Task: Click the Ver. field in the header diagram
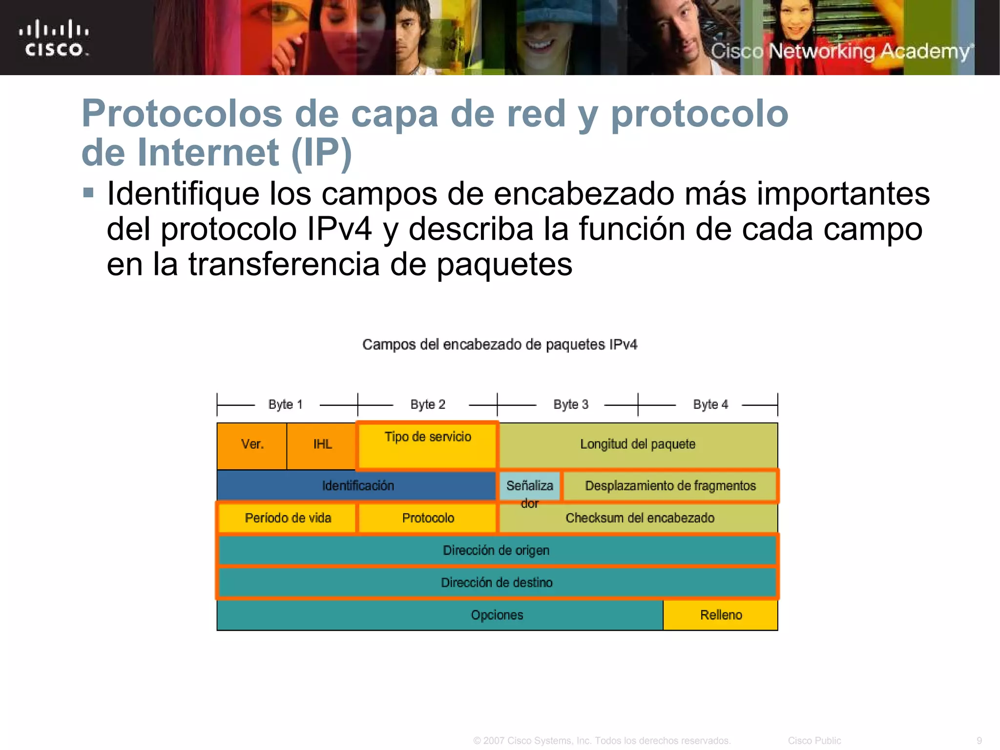click(252, 445)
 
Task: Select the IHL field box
click(322, 445)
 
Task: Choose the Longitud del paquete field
click(638, 445)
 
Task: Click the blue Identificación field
click(357, 486)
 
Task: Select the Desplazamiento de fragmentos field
click(670, 486)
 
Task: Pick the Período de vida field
click(288, 518)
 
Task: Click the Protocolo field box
click(428, 518)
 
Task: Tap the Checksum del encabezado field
click(640, 518)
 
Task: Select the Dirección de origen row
click(496, 550)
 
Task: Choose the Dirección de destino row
click(496, 583)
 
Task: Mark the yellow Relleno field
click(721, 615)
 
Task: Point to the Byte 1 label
click(286, 405)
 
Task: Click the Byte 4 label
click(710, 405)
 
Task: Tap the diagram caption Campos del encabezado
click(500, 345)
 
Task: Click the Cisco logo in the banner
click(54, 38)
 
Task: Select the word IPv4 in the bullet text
click(340, 229)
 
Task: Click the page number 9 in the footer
click(979, 741)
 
